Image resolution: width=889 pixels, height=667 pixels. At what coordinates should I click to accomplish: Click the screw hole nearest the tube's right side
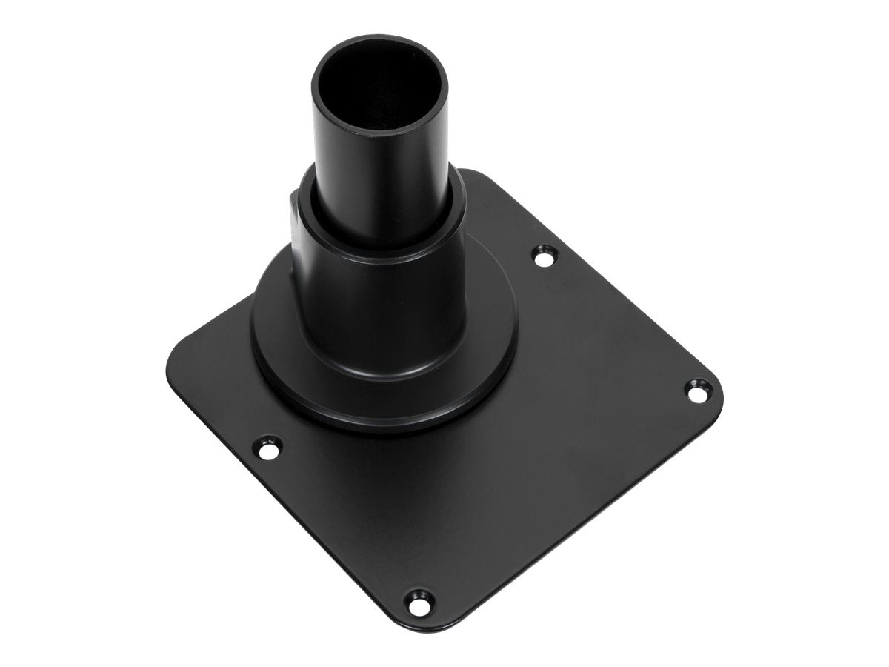click(x=545, y=258)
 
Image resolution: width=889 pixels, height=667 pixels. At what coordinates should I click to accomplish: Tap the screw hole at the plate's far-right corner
click(x=696, y=391)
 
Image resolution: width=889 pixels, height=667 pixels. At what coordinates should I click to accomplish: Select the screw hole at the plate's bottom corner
click(x=419, y=602)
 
